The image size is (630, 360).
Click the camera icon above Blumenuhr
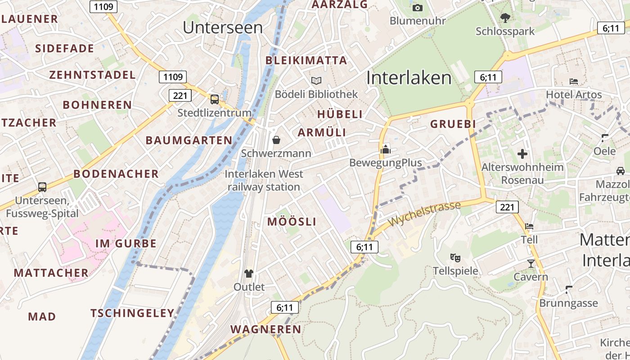(417, 8)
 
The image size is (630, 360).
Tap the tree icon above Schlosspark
(505, 18)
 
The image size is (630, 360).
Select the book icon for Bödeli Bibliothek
(316, 81)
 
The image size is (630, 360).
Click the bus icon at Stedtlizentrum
(215, 99)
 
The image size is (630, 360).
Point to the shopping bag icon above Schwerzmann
(276, 140)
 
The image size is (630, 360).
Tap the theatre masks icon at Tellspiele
(455, 258)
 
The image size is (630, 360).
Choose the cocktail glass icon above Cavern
(531, 263)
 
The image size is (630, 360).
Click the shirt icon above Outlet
(249, 273)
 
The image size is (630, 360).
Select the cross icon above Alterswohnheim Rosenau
(522, 154)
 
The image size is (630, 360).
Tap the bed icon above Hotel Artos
(574, 81)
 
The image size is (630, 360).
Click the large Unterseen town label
(223, 27)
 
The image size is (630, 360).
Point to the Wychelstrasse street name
(425, 214)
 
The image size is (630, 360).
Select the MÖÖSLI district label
(292, 222)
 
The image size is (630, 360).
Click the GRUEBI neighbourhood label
(453, 124)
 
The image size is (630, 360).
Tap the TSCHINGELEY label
(132, 313)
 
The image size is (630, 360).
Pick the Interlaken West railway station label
(264, 180)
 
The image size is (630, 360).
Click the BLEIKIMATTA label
(306, 60)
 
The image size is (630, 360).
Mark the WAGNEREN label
(266, 329)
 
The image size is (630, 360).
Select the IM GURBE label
(126, 244)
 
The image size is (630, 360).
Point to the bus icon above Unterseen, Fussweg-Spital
(42, 187)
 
